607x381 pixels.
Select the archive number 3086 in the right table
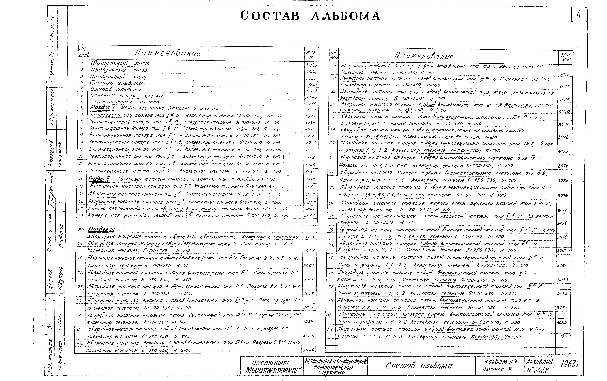[563, 336]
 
